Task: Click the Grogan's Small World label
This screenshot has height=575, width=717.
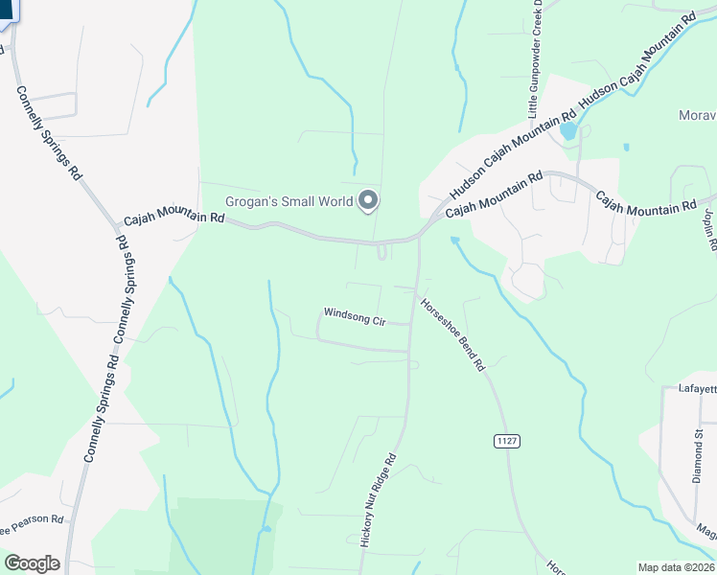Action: click(289, 201)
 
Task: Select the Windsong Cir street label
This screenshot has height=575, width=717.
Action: click(354, 314)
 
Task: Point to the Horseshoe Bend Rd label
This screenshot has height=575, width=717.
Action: click(453, 335)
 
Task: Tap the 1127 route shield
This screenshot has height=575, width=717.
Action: click(507, 440)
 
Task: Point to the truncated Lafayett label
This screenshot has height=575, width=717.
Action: click(690, 388)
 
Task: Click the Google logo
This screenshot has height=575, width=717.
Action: click(32, 563)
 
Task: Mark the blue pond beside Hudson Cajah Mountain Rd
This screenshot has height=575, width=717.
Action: click(568, 130)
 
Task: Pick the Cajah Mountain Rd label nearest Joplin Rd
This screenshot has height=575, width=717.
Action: click(646, 202)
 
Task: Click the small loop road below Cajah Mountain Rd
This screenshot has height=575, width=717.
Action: click(382, 252)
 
